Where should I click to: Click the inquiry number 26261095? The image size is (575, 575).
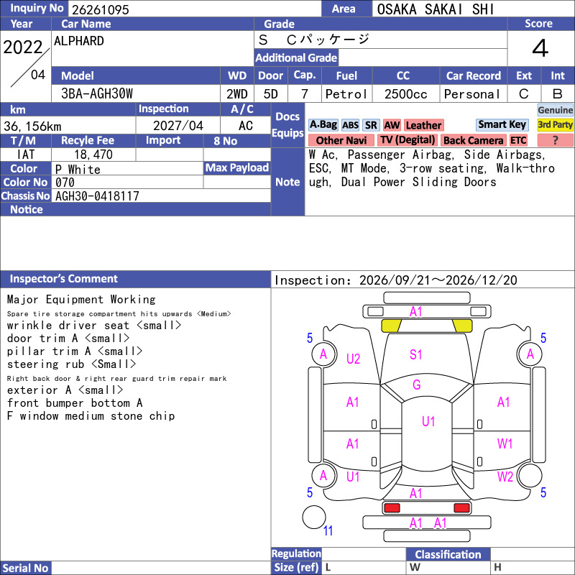pos(100,9)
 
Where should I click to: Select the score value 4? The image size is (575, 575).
pos(540,48)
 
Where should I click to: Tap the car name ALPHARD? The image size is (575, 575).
pos(79,41)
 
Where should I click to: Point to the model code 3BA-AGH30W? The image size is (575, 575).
pos(97,94)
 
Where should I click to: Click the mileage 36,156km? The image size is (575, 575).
pos(32,126)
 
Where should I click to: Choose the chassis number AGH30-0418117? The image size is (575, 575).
pos(97,196)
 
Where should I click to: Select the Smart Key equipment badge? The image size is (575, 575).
pos(502,124)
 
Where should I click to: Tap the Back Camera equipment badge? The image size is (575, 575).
pos(474,140)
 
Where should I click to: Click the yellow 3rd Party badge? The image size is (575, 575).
pos(555,124)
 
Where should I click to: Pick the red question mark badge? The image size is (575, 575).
pos(555,140)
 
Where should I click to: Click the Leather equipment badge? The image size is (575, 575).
pos(423,125)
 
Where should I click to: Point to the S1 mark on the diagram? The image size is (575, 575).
pos(415,354)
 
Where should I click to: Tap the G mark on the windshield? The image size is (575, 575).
pos(417,385)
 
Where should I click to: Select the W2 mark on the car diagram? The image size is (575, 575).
pos(505,477)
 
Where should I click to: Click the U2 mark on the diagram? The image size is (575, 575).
pos(353,359)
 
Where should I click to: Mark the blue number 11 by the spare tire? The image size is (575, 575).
pos(328,530)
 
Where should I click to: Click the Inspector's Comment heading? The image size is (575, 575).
pos(63,279)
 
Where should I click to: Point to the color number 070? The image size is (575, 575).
pos(65,183)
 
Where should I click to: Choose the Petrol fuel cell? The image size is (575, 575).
pos(346,94)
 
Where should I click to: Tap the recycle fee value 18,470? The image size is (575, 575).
pos(93,155)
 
